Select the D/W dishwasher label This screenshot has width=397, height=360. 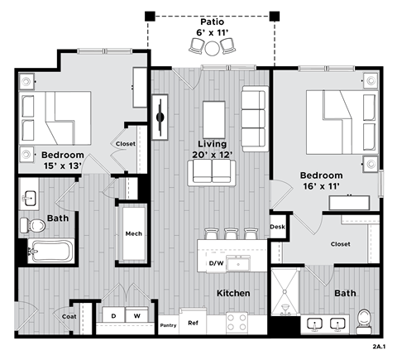(x=216, y=264)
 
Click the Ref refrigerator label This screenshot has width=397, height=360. (x=193, y=324)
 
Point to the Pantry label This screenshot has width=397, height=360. (x=168, y=324)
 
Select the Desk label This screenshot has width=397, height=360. (x=276, y=227)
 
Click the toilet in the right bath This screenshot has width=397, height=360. (x=365, y=319)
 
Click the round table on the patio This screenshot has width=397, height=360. (x=213, y=49)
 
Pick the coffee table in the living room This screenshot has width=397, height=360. (x=214, y=113)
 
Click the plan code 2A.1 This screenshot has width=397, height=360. (x=380, y=348)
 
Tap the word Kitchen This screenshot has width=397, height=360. (x=233, y=294)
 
